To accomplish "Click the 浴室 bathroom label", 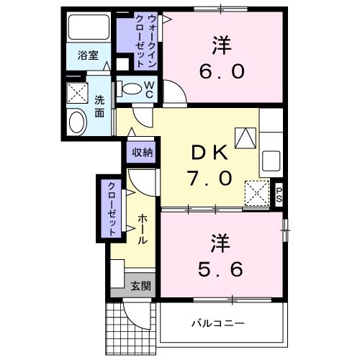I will click(x=89, y=55).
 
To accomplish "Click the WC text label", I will click(x=149, y=89).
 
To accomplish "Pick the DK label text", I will click(x=210, y=152).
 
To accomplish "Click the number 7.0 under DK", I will click(x=210, y=176).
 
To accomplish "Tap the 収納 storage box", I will click(x=142, y=152).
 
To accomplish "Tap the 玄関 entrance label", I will click(x=140, y=285).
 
